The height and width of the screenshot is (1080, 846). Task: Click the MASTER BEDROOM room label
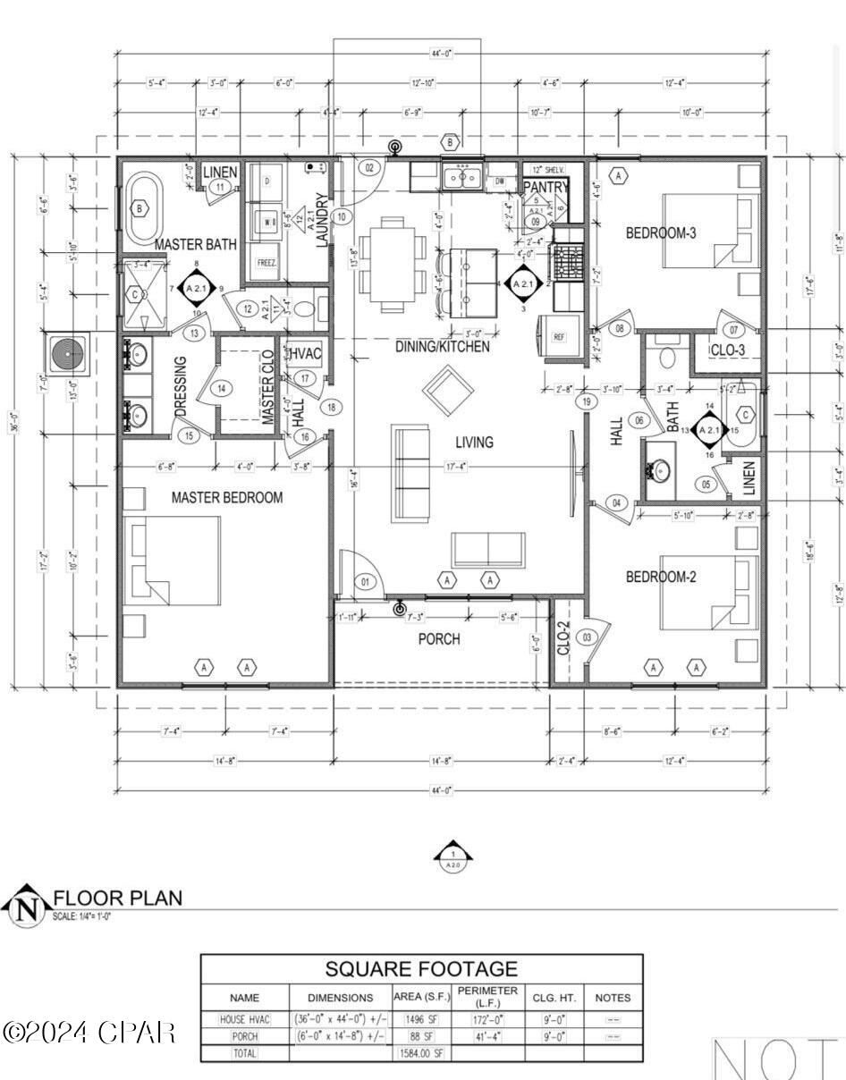pyautogui.click(x=227, y=497)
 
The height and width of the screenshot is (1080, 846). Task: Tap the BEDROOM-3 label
pyautogui.click(x=661, y=233)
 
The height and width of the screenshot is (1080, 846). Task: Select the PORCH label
pyautogui.click(x=439, y=639)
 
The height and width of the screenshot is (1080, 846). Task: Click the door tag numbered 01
pyautogui.click(x=365, y=582)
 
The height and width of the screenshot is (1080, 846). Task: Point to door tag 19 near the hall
pyautogui.click(x=587, y=401)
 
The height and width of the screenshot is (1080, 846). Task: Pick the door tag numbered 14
pyautogui.click(x=221, y=388)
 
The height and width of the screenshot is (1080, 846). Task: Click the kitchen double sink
pyautogui.click(x=463, y=177)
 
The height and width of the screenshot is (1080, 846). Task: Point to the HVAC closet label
pyautogui.click(x=305, y=354)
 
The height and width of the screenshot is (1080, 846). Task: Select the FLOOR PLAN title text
pyautogui.click(x=118, y=898)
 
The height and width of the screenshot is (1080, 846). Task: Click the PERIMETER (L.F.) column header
pyautogui.click(x=486, y=997)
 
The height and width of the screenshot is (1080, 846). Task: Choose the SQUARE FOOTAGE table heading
pyautogui.click(x=421, y=969)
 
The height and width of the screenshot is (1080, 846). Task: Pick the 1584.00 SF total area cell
pyautogui.click(x=423, y=1053)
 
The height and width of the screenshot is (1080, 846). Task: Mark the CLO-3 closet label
pyautogui.click(x=728, y=350)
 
